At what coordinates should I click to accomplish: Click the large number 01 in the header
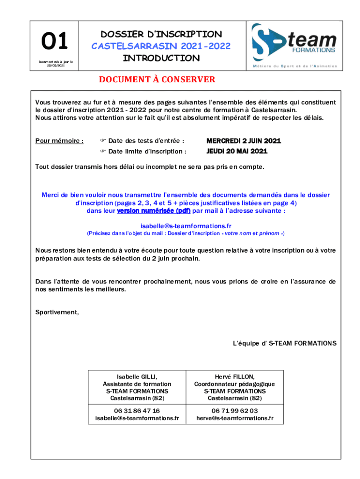point(55,42)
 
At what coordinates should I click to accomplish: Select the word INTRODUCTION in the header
point(161,58)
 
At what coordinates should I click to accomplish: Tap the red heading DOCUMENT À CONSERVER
point(157,80)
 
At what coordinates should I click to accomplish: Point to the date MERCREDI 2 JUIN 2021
point(244,140)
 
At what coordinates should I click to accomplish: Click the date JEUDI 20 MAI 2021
point(237,151)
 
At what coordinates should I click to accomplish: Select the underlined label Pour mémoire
point(59,140)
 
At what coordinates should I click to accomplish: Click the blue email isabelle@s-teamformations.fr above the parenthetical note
point(186,226)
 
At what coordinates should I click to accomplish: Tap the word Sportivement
point(57,312)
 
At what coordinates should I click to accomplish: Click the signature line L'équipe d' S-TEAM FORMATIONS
point(284,343)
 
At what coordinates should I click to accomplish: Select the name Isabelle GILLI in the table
point(137,377)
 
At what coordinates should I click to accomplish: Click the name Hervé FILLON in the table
point(235,377)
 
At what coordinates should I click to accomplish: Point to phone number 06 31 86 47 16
point(137,411)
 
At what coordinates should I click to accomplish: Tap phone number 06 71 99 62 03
point(235,411)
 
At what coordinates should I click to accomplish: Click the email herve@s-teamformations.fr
point(235,418)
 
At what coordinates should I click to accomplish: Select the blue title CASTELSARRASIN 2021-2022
point(161,46)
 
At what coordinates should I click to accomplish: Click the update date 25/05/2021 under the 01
point(55,65)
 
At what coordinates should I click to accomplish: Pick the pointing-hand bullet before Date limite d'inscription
point(103,152)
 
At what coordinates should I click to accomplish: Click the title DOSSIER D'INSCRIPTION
point(161,34)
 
